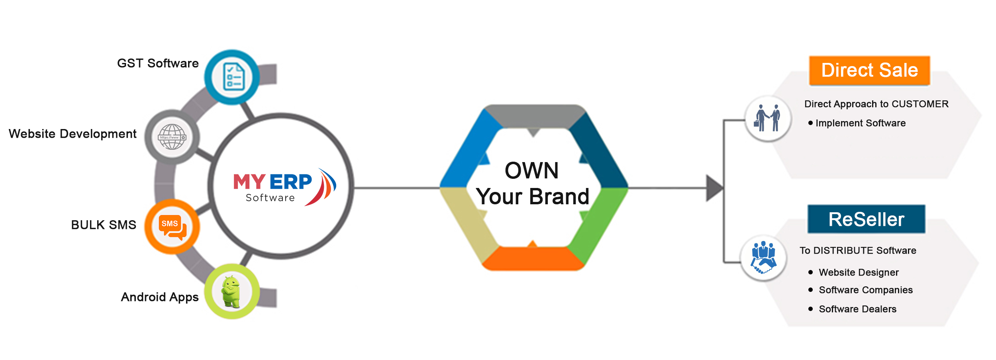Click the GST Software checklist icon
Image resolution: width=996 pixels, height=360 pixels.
click(x=233, y=77)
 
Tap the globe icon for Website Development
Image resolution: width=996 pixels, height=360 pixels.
click(x=172, y=137)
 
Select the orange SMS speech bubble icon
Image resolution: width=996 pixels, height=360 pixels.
click(x=172, y=227)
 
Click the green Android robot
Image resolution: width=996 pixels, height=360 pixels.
click(x=231, y=292)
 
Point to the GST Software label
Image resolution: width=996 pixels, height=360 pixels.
click(x=158, y=63)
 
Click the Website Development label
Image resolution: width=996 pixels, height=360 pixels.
click(x=73, y=134)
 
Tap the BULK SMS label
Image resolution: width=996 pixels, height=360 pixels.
click(x=104, y=225)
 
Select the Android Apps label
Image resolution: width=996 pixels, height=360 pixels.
click(x=159, y=297)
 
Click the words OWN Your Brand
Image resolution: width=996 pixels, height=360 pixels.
click(x=533, y=184)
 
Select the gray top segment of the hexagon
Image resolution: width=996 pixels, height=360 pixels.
click(x=534, y=116)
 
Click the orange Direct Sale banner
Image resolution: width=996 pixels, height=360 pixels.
click(x=869, y=70)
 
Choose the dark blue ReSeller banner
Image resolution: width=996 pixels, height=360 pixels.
click(x=866, y=219)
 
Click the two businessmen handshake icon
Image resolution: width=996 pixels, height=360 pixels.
click(x=767, y=118)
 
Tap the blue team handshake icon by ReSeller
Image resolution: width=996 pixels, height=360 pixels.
click(x=763, y=258)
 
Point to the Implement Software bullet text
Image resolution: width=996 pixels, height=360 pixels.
click(x=860, y=123)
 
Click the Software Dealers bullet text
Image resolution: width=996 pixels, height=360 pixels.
click(x=857, y=309)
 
